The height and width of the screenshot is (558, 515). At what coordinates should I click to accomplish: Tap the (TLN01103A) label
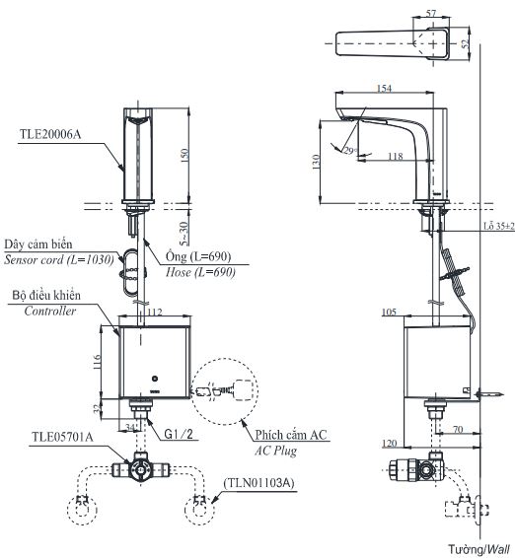262,483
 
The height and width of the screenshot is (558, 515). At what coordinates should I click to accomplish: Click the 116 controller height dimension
98,362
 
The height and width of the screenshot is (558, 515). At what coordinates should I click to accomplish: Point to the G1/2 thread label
178,432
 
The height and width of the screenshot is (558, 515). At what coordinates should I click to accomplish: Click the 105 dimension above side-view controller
389,313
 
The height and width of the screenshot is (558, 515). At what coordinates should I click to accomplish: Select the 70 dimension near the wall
457,431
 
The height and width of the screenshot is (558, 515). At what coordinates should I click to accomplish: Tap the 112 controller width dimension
154,313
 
